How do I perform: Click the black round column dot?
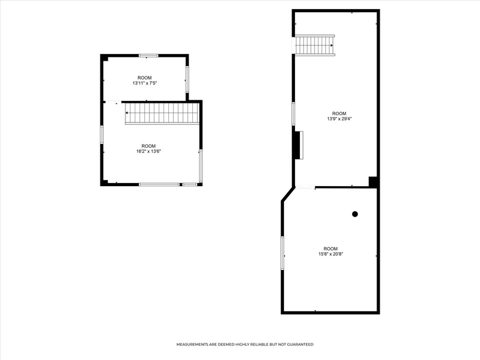click(x=354, y=214)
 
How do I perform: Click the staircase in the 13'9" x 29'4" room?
click(x=315, y=45)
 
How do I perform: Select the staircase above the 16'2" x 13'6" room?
click(x=162, y=113)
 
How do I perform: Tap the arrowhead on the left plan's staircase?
click(x=127, y=113)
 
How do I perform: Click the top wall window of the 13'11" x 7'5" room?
click(x=148, y=56)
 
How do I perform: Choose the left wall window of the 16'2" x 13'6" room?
click(x=102, y=135)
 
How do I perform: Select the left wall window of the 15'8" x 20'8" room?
click(x=282, y=253)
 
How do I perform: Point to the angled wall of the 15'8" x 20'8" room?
click(x=288, y=194)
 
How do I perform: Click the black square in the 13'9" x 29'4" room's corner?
click(x=373, y=181)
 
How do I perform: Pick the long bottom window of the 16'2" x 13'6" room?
click(x=159, y=184)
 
